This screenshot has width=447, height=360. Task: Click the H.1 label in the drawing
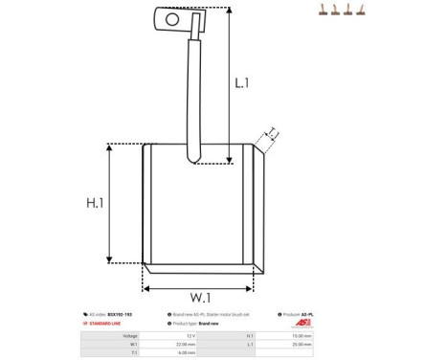(x=95, y=203)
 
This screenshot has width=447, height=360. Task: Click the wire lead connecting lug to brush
(x=195, y=96)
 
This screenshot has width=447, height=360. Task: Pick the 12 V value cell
(x=190, y=336)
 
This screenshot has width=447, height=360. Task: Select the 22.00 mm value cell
(x=187, y=344)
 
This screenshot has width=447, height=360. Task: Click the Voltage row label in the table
(x=130, y=336)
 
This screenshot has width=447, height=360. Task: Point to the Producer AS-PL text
(x=303, y=314)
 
